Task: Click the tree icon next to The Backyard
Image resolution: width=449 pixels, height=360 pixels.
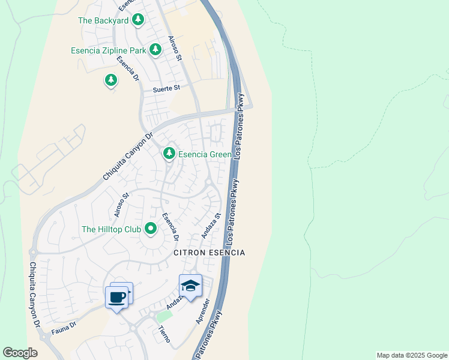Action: [138, 20]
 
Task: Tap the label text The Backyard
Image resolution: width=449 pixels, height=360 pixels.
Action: [103, 20]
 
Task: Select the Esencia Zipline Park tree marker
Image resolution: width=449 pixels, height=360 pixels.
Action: [155, 49]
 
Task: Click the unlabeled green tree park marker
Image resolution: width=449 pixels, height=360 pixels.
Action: [110, 79]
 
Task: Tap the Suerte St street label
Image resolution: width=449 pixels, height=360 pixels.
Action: [166, 88]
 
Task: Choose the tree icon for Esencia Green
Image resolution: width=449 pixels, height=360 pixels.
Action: [169, 154]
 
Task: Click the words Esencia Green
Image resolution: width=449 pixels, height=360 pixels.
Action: [205, 155]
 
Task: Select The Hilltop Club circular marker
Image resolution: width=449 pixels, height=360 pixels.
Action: [149, 228]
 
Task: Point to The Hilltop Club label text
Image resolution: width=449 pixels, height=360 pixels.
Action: [111, 229]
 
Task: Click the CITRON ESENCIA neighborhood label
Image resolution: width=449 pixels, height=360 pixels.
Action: [209, 253]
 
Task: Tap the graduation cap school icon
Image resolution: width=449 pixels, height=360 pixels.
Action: [190, 286]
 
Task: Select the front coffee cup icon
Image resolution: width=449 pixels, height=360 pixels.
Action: [116, 296]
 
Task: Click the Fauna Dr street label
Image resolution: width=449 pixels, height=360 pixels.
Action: [64, 328]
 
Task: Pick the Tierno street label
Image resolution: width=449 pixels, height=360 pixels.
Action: [164, 334]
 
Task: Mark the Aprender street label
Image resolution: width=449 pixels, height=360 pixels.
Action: [204, 311]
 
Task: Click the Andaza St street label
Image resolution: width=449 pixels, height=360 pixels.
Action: [211, 226]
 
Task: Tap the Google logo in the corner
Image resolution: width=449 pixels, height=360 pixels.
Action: [20, 353]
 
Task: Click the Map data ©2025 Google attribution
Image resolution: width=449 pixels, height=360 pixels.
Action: [412, 355]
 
